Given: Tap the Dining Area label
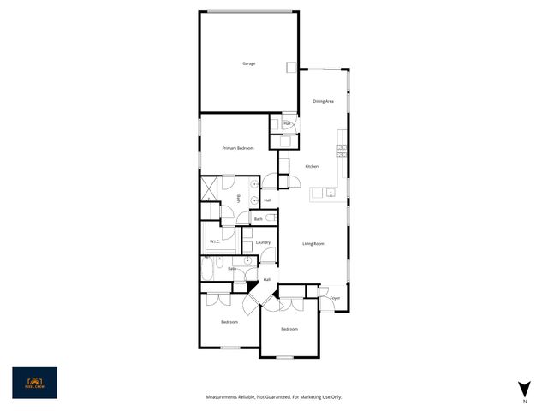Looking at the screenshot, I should click(x=323, y=101).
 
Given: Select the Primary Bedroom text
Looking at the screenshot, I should click(x=238, y=148).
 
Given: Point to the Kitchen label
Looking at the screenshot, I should click(x=312, y=166).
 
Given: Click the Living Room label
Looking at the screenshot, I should click(x=313, y=244).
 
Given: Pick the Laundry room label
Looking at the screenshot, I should click(x=263, y=242).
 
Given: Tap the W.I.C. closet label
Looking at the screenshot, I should click(x=215, y=242).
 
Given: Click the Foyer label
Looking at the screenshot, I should click(x=335, y=298).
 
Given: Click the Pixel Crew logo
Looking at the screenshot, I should click(x=34, y=383).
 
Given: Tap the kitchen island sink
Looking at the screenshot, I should click(x=317, y=194).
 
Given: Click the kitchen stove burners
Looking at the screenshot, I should click(x=341, y=150).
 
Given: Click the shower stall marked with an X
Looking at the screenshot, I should click(x=208, y=188).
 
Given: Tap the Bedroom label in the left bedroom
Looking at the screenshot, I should click(x=229, y=322).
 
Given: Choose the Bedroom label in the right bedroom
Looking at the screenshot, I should click(x=289, y=329).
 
